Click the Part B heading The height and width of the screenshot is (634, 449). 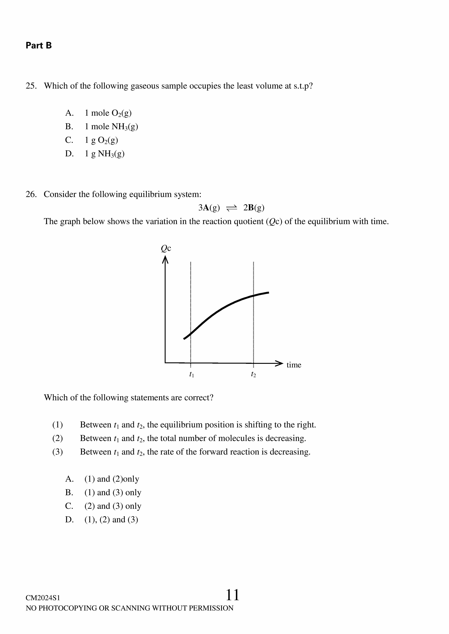click(x=39, y=45)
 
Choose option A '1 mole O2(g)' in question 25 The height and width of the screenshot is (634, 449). click(x=108, y=113)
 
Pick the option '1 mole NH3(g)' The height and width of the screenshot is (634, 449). click(x=111, y=127)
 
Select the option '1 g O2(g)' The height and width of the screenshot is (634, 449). click(x=101, y=140)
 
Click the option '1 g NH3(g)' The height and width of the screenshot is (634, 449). click(x=104, y=153)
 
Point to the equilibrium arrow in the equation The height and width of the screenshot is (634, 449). click(x=231, y=208)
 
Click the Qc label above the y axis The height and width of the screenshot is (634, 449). click(x=166, y=249)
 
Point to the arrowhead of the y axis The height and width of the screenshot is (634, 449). click(x=165, y=260)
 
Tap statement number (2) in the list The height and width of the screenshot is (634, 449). click(x=58, y=438)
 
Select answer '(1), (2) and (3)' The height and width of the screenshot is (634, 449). click(x=111, y=519)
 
